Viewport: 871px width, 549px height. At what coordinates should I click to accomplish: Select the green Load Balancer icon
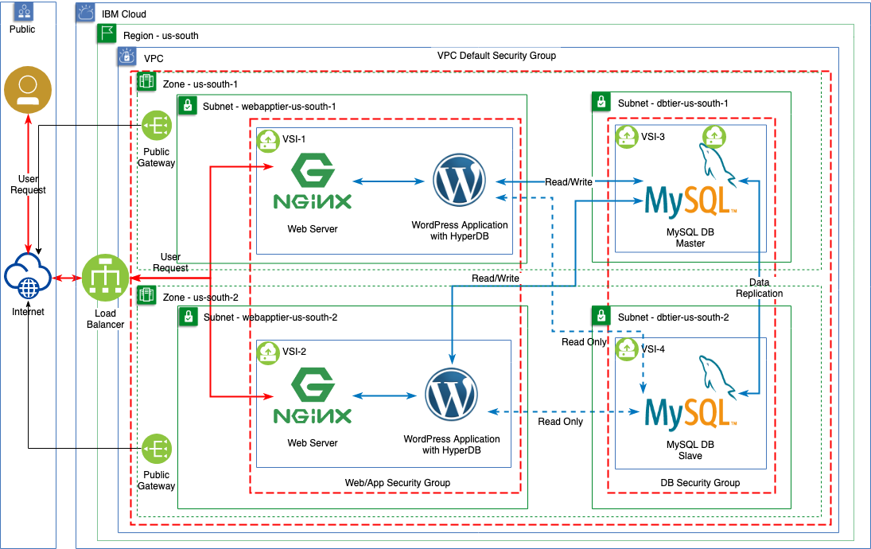[x=106, y=278]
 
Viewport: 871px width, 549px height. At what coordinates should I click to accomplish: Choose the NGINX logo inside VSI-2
[x=312, y=395]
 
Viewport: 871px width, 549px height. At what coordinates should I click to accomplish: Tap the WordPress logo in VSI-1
[x=459, y=181]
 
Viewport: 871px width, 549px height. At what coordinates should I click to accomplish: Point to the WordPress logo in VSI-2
[x=451, y=395]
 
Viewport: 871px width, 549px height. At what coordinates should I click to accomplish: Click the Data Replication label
[x=759, y=288]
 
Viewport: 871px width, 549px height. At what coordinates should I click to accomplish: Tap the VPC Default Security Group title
[x=496, y=56]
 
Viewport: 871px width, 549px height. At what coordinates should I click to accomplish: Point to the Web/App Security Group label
[x=397, y=483]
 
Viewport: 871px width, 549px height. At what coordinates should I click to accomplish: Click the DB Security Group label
[x=700, y=483]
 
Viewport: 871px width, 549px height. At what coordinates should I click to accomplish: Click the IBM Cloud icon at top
[x=86, y=13]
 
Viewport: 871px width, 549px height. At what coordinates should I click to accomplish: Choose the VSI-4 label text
[x=653, y=348]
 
